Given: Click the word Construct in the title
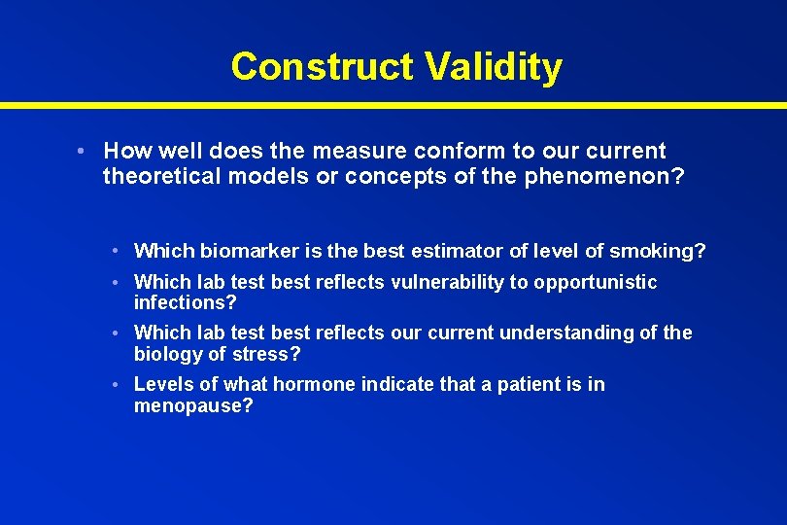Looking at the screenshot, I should (322, 66).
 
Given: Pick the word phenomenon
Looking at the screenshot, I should (599, 175).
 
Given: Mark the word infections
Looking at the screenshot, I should (185, 303).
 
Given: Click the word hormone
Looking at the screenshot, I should (314, 384).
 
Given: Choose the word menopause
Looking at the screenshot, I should (193, 405).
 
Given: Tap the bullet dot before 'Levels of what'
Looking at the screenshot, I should (115, 385).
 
